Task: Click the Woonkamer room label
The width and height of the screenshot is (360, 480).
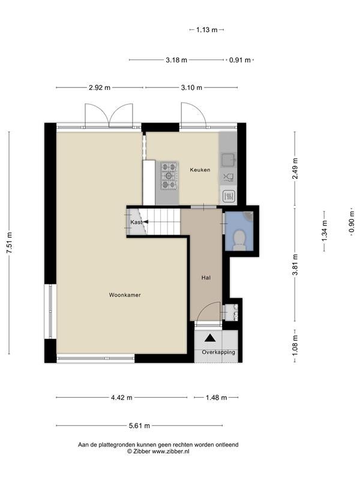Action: click(125, 295)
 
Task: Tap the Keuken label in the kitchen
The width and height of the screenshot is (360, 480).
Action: click(200, 170)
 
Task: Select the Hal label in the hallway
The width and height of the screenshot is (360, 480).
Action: click(206, 278)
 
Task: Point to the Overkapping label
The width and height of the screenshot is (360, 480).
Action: click(218, 352)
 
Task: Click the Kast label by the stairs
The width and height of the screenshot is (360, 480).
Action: click(136, 222)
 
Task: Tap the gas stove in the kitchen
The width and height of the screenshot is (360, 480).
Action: click(169, 176)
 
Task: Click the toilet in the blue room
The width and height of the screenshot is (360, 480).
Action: click(239, 239)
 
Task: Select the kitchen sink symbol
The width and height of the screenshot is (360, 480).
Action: click(229, 159)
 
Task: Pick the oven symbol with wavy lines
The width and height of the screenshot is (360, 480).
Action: click(229, 196)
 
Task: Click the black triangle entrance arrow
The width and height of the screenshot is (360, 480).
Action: click(210, 338)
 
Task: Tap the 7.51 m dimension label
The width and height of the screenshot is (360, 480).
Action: click(10, 243)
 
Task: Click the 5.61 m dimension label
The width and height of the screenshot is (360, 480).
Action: click(140, 425)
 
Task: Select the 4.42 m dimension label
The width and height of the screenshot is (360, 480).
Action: click(122, 398)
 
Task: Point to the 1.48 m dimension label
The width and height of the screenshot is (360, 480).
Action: click(216, 398)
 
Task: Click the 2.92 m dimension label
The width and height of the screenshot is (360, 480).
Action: click(100, 88)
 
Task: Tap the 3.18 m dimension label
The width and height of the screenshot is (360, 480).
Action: click(176, 60)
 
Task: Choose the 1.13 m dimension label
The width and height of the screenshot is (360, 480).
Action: click(206, 29)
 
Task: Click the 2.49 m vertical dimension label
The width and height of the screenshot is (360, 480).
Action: click(295, 169)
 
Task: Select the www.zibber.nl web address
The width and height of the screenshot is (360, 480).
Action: click(171, 451)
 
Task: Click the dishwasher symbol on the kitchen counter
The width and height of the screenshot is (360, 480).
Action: click(229, 177)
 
